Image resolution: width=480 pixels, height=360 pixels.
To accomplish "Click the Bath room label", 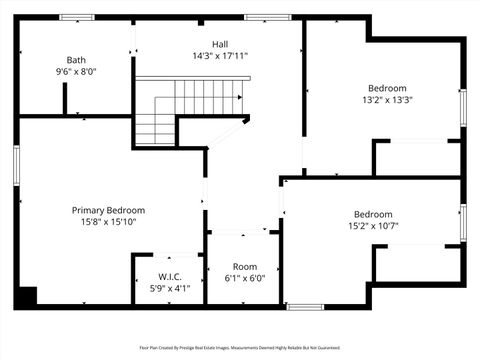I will (76, 60).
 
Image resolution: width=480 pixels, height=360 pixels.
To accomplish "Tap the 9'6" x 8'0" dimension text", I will (76, 72).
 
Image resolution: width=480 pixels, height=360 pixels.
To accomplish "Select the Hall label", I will (219, 44).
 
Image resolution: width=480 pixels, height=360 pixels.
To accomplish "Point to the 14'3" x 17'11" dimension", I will (219, 56).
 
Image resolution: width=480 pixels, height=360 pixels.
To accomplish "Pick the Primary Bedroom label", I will (108, 210).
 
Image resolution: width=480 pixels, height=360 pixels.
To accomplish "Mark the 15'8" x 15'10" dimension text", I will (108, 222).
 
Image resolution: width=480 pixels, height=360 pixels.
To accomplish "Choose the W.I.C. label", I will (168, 276).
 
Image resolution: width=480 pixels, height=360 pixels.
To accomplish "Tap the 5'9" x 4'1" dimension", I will (168, 288).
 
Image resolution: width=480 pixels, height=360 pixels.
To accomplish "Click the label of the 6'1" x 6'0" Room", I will (245, 267).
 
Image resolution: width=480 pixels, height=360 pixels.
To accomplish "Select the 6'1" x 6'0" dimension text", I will (245, 279).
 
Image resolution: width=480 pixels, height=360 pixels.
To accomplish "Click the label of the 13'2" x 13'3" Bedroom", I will (387, 87).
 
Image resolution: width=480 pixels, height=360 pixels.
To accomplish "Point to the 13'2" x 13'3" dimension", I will (387, 99).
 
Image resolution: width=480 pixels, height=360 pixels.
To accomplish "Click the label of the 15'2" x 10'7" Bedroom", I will (373, 214).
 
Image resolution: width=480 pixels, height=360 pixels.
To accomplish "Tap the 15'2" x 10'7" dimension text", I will (373, 226).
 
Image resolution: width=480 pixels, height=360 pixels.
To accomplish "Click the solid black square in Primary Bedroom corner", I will (28, 295).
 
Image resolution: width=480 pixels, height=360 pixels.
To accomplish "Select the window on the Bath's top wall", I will (76, 17).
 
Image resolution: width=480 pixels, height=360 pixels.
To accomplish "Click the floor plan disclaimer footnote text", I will (240, 348).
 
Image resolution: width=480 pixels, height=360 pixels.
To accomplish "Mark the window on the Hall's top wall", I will (261, 17).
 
